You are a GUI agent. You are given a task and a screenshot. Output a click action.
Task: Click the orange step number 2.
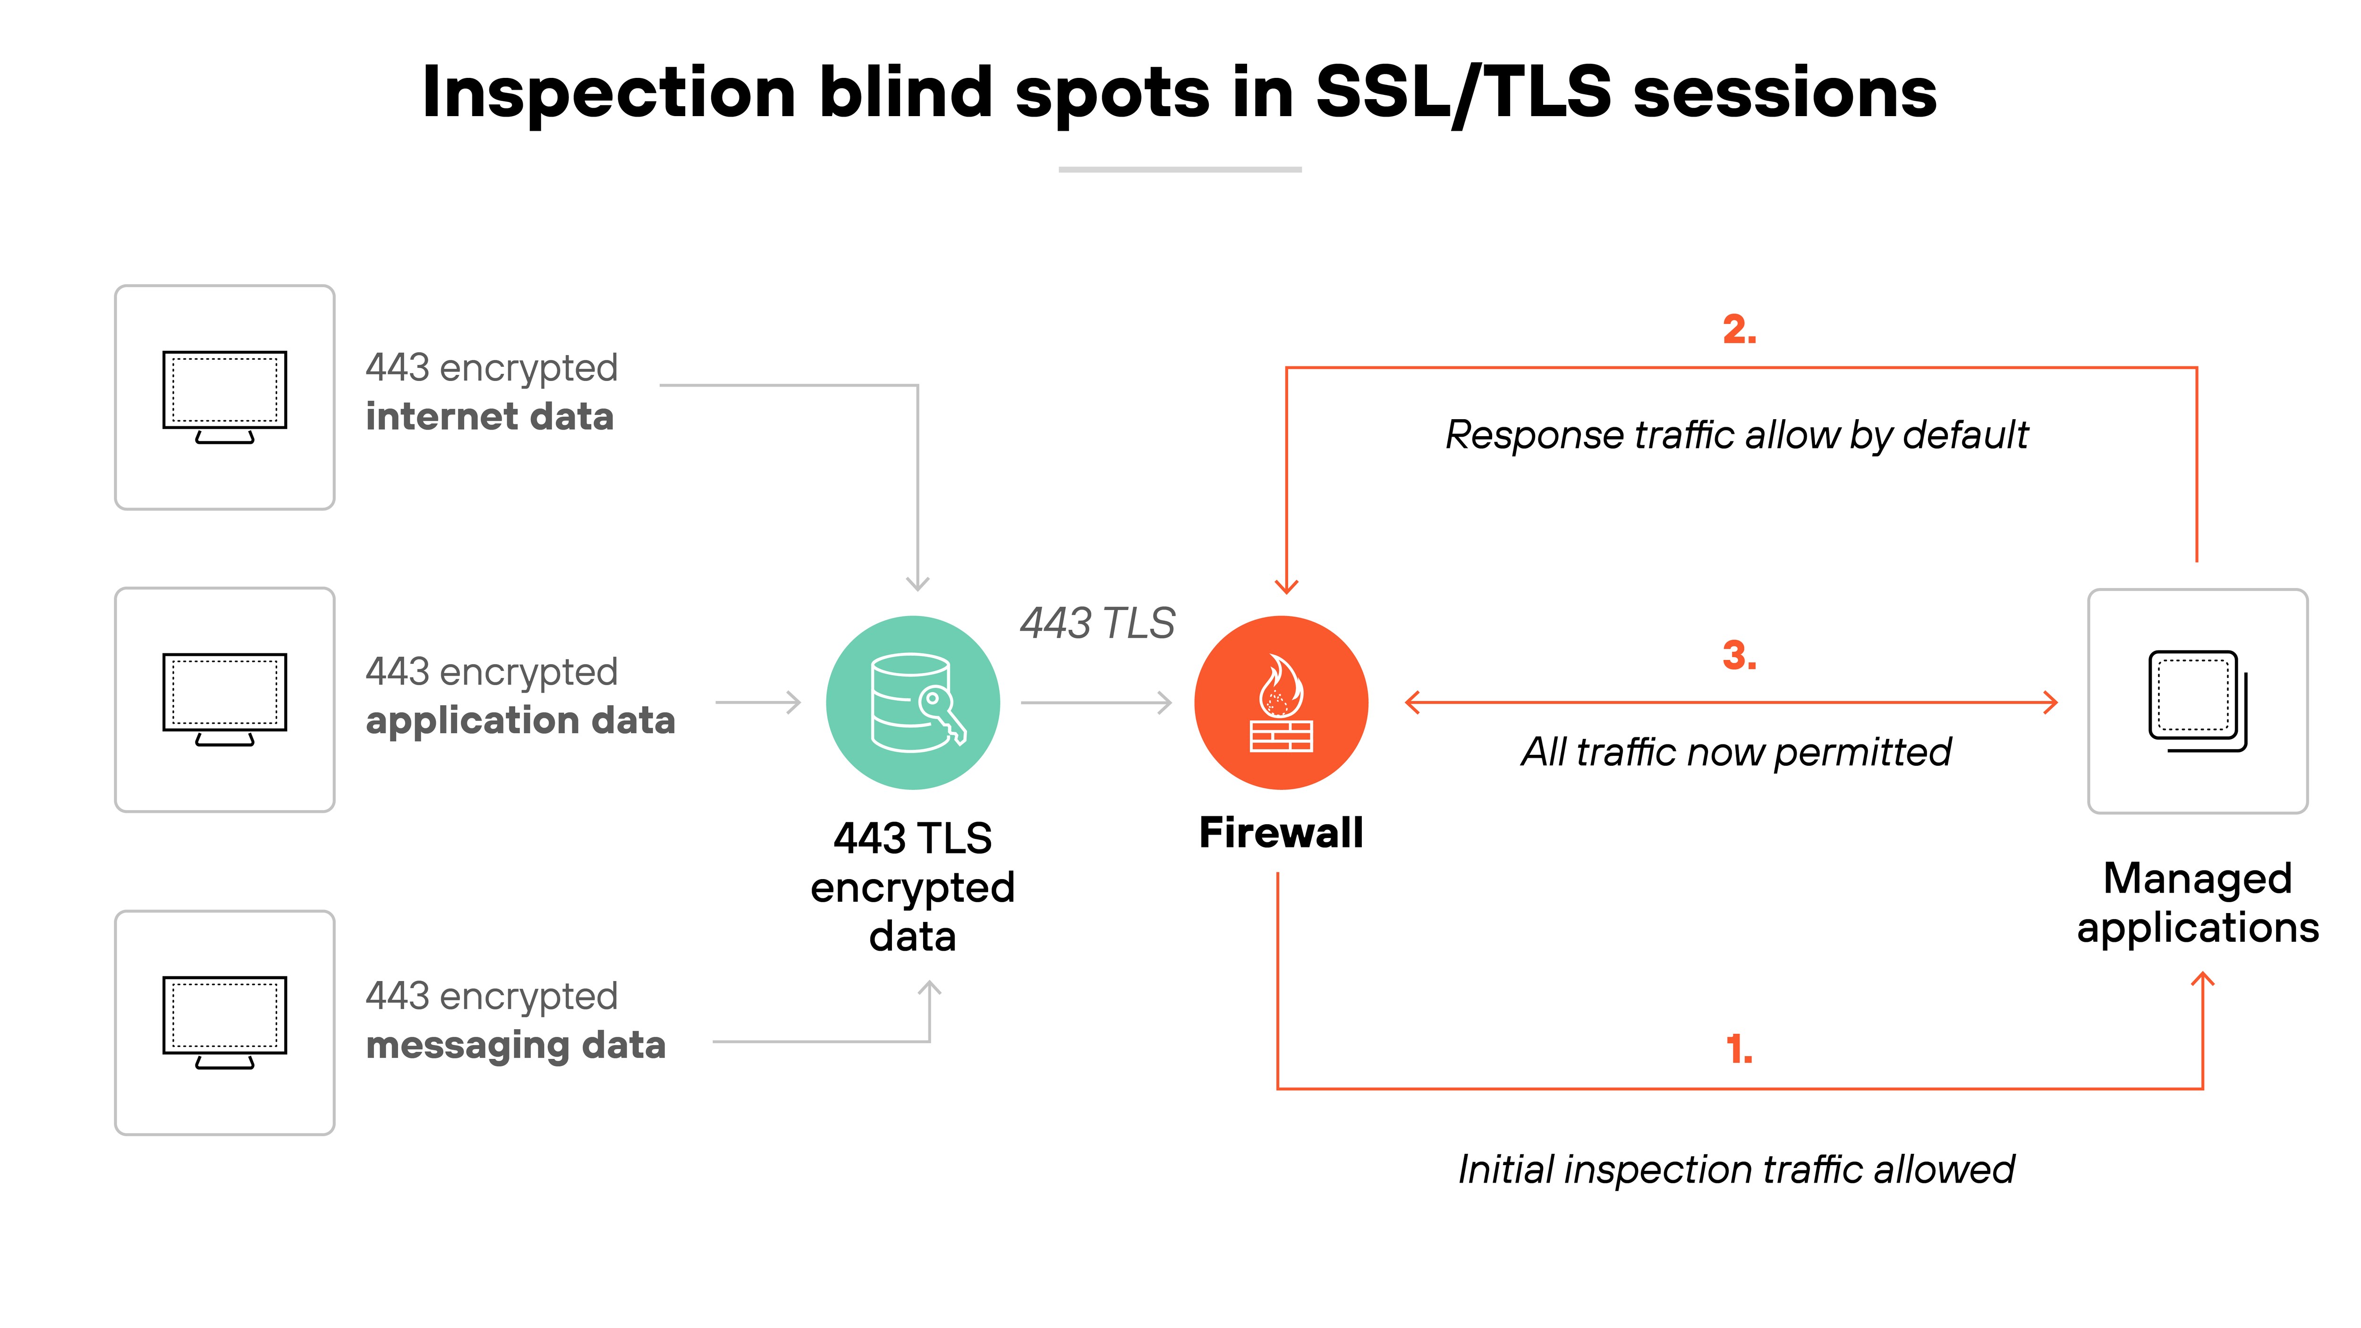tap(1739, 330)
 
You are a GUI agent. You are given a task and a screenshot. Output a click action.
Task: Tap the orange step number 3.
tap(1739, 655)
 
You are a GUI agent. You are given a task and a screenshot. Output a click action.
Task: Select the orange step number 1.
tap(1739, 1049)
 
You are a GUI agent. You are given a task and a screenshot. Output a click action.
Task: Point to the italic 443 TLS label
tap(1097, 623)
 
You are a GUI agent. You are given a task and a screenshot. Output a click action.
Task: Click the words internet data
tap(489, 417)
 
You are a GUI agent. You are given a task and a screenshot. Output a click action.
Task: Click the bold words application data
tap(520, 720)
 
